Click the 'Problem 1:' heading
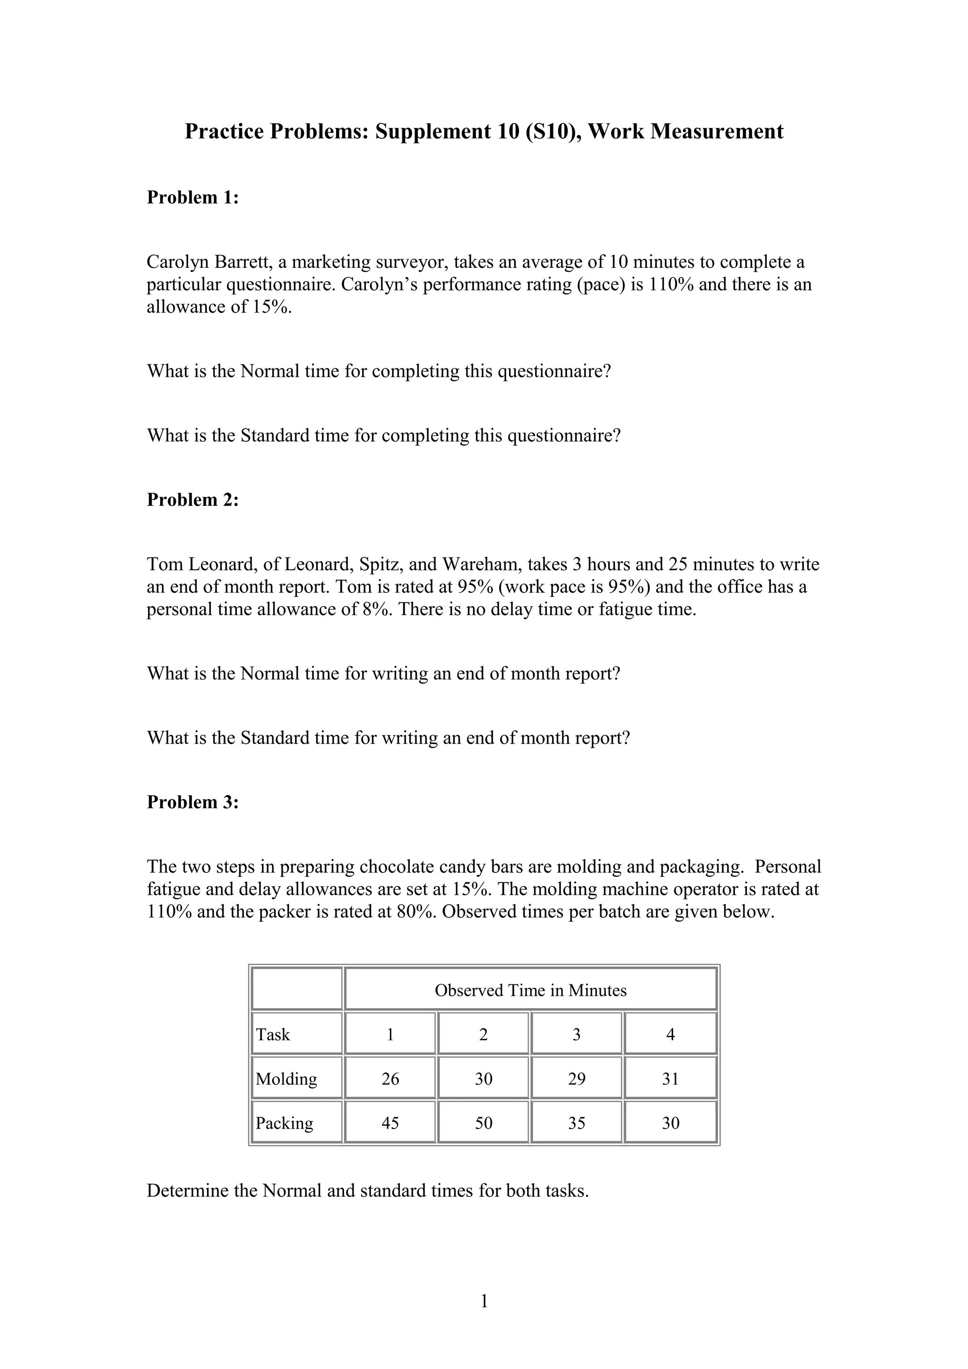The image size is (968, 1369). [193, 197]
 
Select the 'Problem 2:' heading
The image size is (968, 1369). [193, 500]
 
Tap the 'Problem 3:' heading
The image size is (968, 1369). [193, 803]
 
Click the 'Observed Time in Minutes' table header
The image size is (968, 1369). [530, 991]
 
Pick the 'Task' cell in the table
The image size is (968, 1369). [273, 1035]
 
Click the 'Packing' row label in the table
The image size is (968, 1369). [285, 1123]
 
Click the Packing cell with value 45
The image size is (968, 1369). [390, 1123]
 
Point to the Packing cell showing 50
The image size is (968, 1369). [483, 1123]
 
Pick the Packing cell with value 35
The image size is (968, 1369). [576, 1123]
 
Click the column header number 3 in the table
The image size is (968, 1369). [576, 1035]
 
